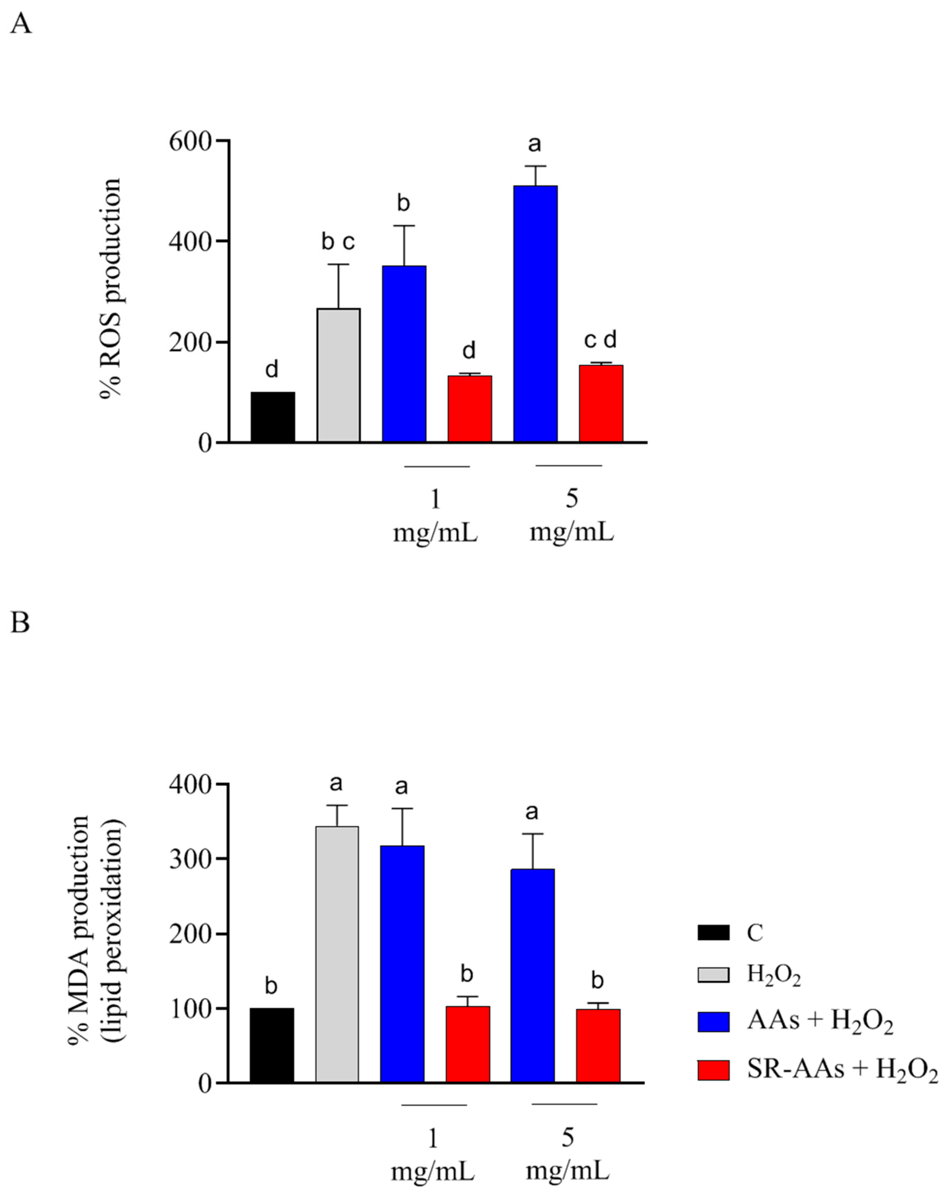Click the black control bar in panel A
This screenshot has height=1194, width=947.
coord(273,417)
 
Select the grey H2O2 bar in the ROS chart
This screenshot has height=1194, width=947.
coord(338,375)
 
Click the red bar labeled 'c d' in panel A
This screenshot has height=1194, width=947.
coord(601,403)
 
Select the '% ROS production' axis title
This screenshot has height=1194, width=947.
coord(111,288)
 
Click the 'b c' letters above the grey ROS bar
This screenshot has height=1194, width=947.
coord(338,241)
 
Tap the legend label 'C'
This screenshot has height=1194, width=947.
coord(754,933)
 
